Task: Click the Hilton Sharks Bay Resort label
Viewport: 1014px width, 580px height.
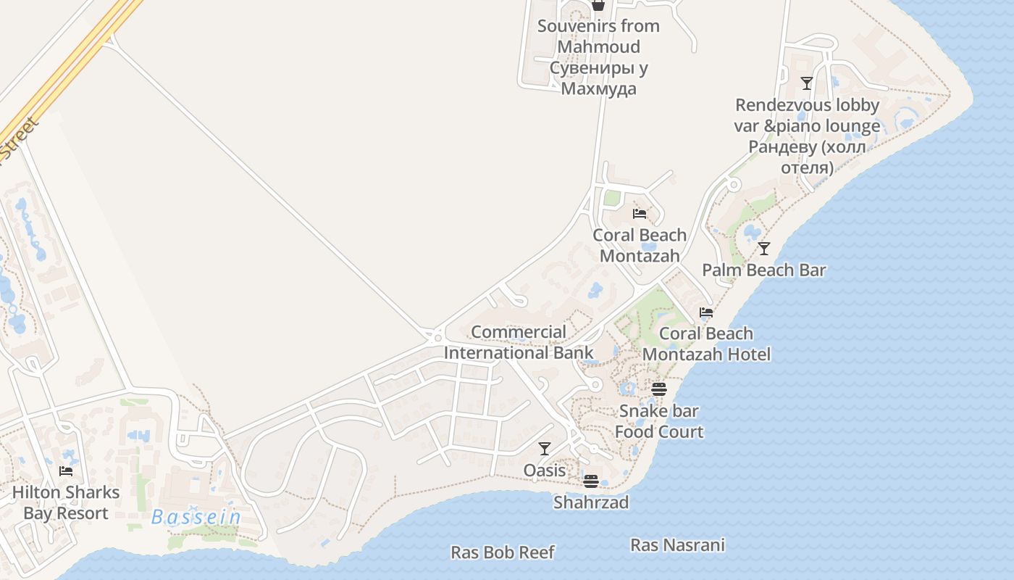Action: (x=66, y=502)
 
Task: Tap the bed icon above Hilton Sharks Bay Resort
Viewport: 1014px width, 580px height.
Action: (x=66, y=471)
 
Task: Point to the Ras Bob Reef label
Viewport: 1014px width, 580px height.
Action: (x=503, y=552)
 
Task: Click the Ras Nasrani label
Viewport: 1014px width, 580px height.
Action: (x=677, y=545)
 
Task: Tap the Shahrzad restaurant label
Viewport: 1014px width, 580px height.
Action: (x=591, y=502)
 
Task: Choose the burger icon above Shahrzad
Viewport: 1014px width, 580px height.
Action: (x=591, y=481)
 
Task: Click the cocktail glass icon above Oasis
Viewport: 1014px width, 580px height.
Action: (x=545, y=449)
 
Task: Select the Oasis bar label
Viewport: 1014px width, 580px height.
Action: (x=545, y=471)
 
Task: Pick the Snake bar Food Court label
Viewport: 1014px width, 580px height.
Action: (x=659, y=421)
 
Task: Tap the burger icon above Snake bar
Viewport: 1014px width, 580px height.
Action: (x=658, y=389)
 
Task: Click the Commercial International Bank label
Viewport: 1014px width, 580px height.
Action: (x=519, y=342)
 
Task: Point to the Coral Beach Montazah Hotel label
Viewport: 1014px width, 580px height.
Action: (x=706, y=344)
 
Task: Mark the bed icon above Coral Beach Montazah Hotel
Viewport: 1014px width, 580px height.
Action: (x=706, y=312)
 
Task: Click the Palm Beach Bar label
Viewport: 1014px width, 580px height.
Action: (x=764, y=270)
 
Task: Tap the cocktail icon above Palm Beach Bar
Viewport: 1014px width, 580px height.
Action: (x=764, y=249)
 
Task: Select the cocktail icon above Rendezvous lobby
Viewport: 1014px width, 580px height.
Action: (x=807, y=83)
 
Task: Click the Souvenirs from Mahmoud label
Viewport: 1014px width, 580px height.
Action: (x=598, y=57)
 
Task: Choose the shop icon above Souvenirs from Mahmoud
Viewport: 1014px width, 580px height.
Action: (x=598, y=6)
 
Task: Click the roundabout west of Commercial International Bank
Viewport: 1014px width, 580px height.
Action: (x=437, y=336)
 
